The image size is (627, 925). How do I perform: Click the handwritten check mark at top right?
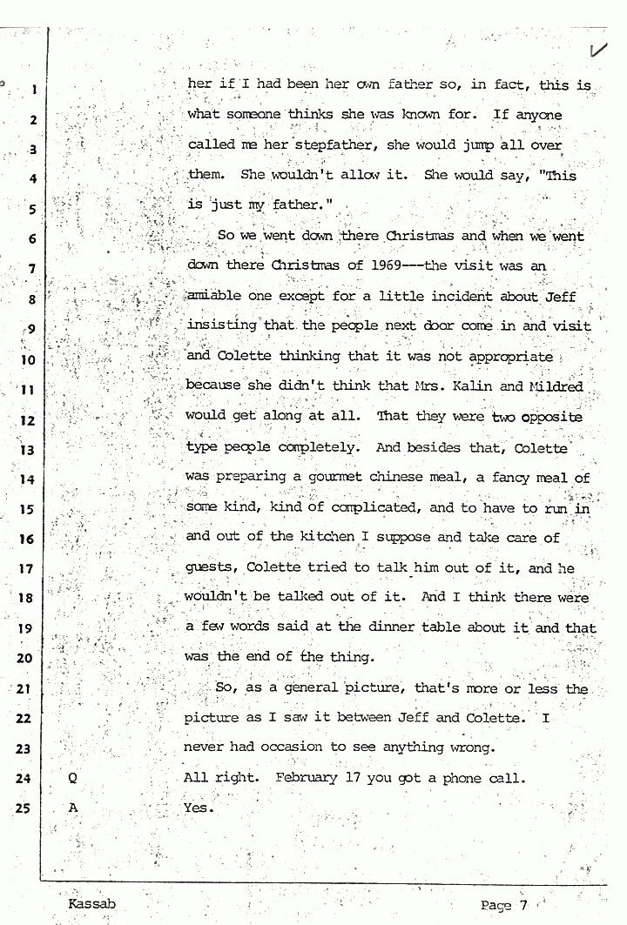(598, 50)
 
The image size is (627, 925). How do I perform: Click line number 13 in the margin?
(26, 450)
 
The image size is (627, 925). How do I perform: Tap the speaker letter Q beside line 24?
(73, 778)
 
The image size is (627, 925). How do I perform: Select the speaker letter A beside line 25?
(73, 808)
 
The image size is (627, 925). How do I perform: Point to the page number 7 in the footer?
(524, 904)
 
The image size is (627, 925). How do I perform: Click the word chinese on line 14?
(428, 478)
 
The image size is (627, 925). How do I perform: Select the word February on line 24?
(306, 778)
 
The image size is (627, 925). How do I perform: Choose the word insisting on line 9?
(220, 326)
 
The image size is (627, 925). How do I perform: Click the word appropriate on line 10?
(510, 357)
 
